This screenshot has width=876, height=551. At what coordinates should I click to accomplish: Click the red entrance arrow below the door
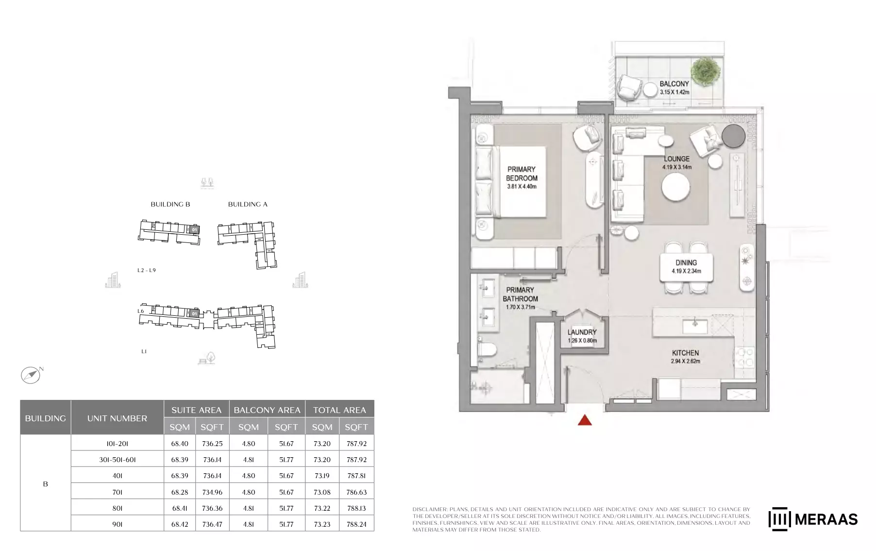tap(585, 420)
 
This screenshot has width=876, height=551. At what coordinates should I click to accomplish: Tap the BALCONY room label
tap(674, 84)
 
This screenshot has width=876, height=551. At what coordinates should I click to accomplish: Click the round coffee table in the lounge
tap(675, 187)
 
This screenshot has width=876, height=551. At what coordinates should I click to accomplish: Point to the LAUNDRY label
tap(582, 332)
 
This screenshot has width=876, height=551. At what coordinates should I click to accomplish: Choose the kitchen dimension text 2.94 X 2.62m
tap(685, 362)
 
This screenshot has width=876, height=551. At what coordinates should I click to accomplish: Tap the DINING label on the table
tap(686, 262)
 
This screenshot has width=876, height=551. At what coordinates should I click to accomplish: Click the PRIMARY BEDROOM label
tap(521, 173)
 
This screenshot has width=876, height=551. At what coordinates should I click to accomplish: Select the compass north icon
tap(31, 375)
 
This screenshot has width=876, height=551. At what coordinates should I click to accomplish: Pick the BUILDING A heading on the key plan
tap(248, 204)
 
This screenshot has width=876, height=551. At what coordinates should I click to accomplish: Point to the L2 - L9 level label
tap(146, 270)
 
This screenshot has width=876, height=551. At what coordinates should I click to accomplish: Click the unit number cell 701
tap(117, 492)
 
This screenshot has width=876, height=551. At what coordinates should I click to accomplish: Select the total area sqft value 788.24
tap(356, 524)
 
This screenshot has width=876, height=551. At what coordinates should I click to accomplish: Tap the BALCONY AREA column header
tap(267, 410)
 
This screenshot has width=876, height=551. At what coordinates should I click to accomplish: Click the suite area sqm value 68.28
tap(179, 492)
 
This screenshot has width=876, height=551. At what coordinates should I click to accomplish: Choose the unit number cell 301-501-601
tap(117, 460)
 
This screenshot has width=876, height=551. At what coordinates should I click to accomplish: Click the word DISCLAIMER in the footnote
tap(430, 509)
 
